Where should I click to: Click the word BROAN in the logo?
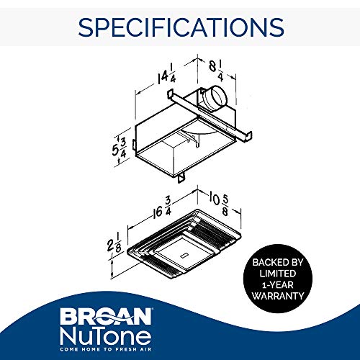pyautogui.click(x=112, y=317)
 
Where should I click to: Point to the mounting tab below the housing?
pyautogui.click(x=183, y=175)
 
